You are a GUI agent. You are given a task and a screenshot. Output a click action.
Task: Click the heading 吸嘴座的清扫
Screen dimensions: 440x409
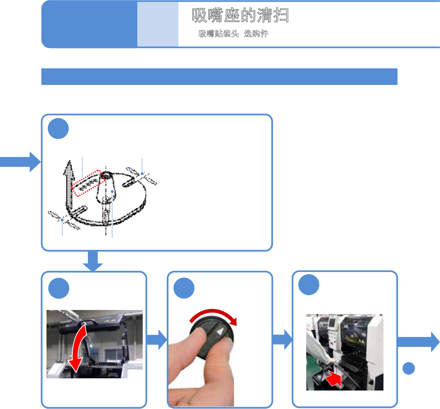[x=240, y=15]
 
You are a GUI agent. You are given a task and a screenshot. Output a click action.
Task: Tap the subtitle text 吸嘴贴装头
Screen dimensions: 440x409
[x=219, y=34]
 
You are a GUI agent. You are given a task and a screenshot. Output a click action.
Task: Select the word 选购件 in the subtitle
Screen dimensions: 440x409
[x=256, y=34]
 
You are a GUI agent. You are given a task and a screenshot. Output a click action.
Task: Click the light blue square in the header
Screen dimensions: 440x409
[x=158, y=24]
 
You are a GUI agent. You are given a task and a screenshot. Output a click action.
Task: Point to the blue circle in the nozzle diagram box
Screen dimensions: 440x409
[x=58, y=129]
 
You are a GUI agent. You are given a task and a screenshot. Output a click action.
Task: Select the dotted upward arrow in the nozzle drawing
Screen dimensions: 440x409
[x=69, y=185]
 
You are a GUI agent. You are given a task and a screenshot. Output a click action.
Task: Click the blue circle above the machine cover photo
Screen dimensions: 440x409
[x=59, y=288]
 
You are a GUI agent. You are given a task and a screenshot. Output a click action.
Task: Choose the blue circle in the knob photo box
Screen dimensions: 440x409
[x=184, y=288]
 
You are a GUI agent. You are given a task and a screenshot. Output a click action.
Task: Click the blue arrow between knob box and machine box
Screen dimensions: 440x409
[x=282, y=340]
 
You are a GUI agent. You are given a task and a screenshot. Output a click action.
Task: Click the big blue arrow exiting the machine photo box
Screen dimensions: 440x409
[x=419, y=342]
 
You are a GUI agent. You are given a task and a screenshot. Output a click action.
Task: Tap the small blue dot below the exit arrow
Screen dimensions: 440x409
[x=409, y=368]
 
